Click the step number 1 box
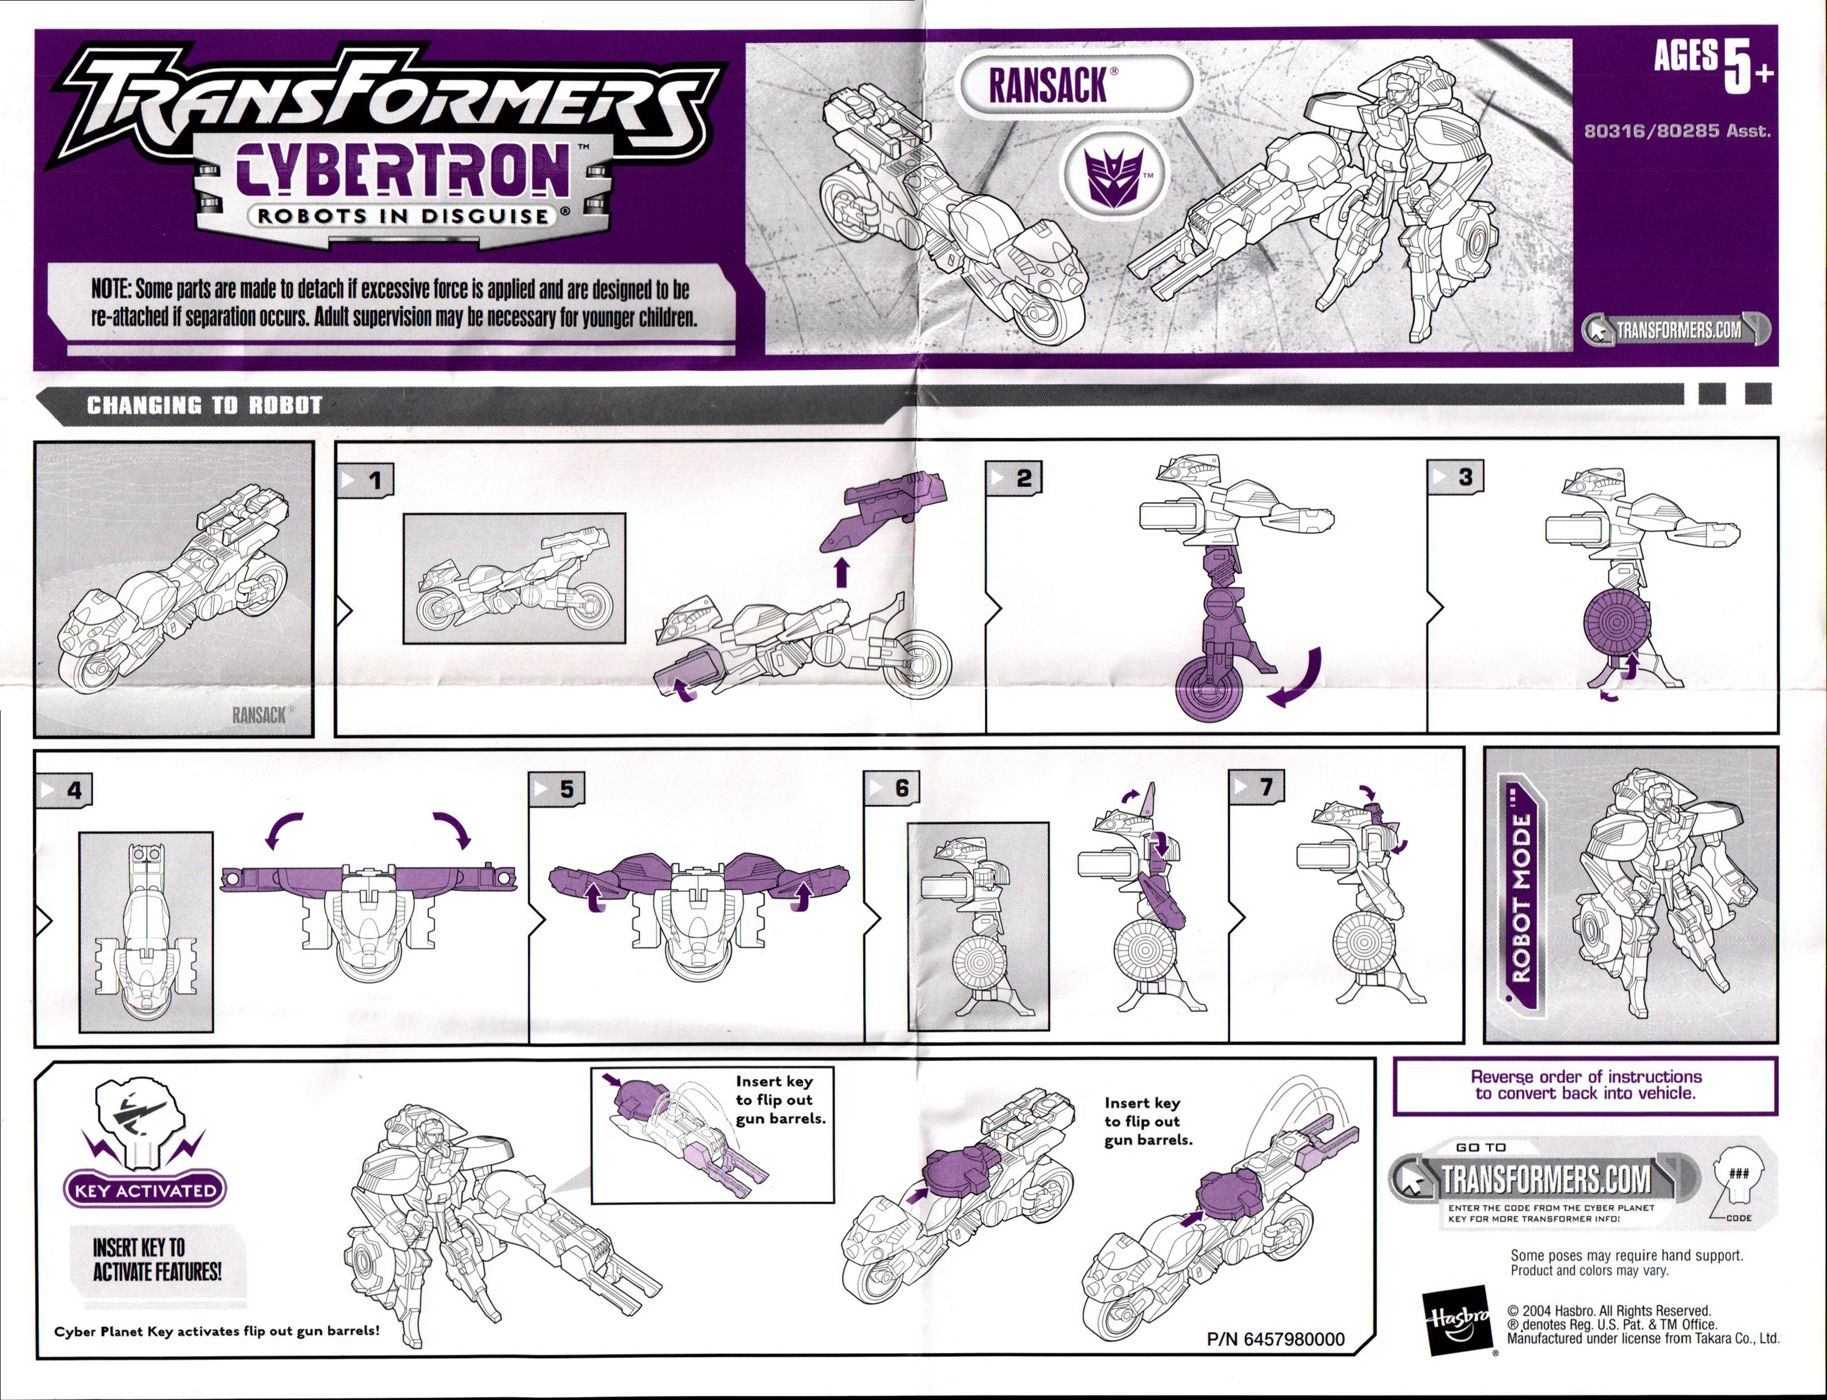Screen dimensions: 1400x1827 [365, 480]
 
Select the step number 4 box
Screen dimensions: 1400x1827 [64, 789]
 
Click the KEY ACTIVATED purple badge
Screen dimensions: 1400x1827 [145, 1190]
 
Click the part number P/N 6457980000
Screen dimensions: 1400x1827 [1275, 1339]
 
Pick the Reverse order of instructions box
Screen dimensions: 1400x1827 [1585, 1085]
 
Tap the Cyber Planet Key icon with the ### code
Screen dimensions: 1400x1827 [1738, 1176]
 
